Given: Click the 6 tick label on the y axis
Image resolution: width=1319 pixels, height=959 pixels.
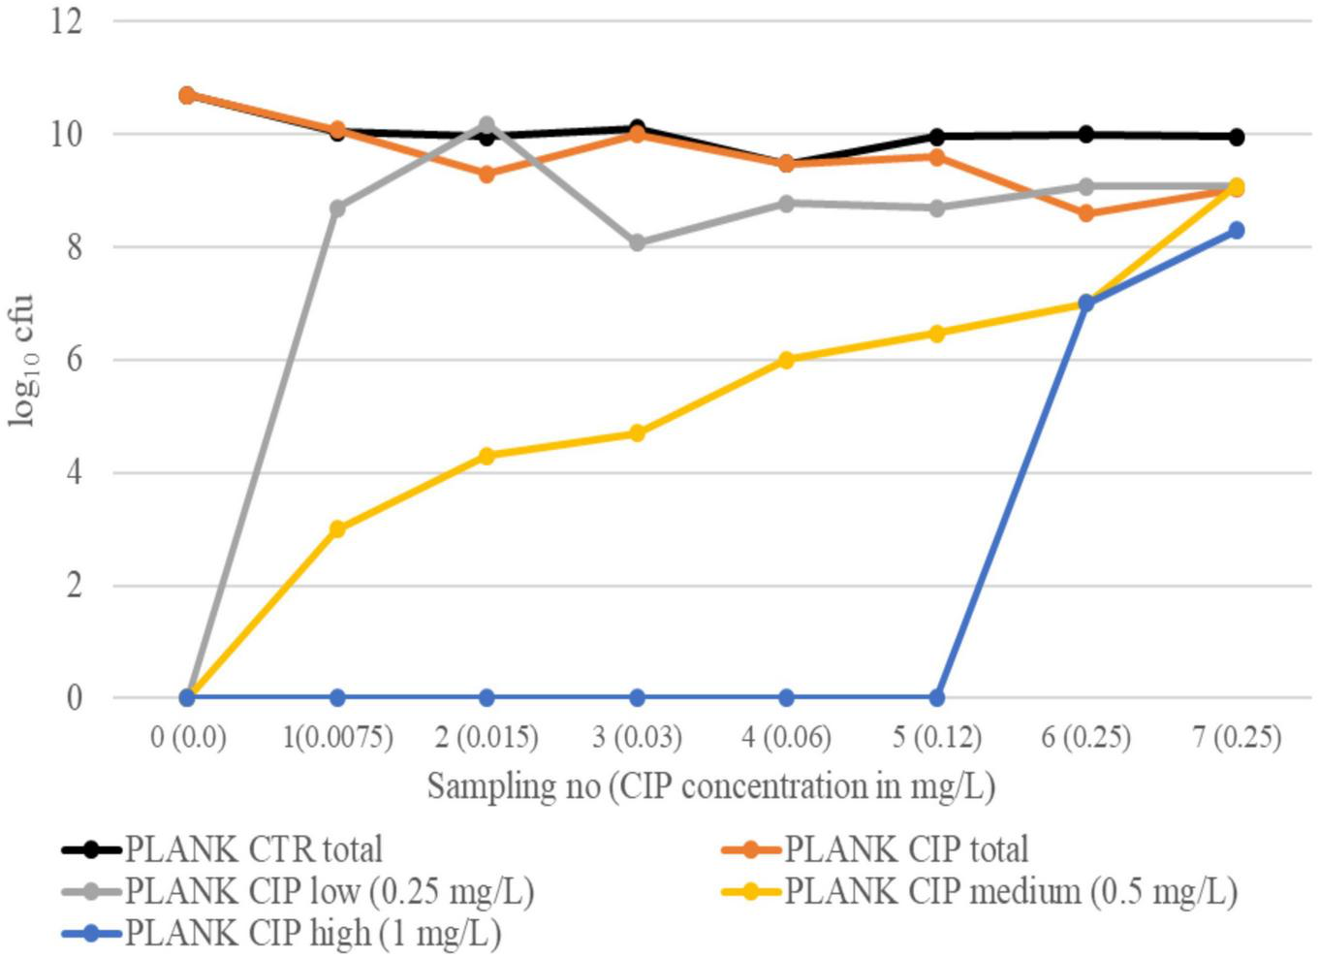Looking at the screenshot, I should click(x=75, y=360).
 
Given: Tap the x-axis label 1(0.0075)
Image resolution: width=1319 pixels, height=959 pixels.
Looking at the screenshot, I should click(x=337, y=738).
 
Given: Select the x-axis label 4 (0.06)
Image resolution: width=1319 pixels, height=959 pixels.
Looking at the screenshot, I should click(x=786, y=738).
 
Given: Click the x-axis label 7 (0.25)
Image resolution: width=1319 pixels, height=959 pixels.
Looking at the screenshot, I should click(x=1236, y=738).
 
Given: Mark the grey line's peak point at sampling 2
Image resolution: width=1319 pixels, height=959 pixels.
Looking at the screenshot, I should click(x=487, y=125).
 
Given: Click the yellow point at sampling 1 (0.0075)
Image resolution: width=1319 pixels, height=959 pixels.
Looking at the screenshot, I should click(x=337, y=529).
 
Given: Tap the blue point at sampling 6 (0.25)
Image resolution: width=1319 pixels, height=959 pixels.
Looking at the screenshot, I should click(x=1086, y=304).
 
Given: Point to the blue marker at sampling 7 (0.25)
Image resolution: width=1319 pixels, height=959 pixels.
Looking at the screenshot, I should click(x=1236, y=231).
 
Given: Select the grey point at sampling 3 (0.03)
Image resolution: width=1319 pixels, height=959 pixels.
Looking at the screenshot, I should click(x=637, y=243).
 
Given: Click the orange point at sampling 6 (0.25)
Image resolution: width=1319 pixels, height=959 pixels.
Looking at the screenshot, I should click(x=1086, y=213).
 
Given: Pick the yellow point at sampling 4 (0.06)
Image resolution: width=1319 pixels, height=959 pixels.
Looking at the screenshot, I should click(x=786, y=360).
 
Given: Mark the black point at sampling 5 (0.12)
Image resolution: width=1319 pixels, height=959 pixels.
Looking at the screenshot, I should click(x=936, y=137).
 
